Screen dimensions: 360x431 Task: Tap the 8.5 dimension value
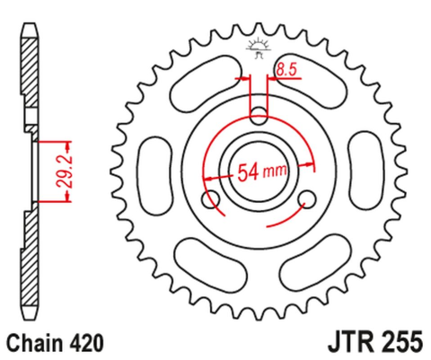click(286, 68)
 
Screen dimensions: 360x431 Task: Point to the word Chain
click(35, 342)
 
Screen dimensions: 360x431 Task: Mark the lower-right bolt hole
click(306, 198)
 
